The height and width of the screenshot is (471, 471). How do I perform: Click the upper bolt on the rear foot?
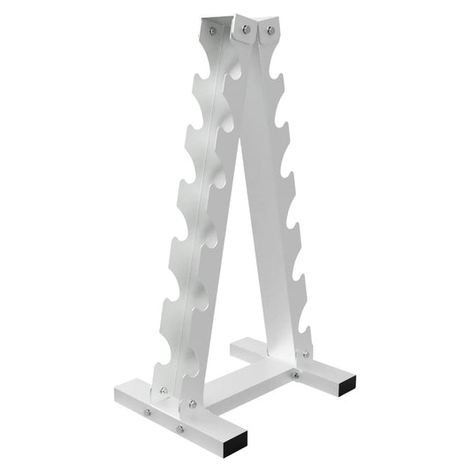click(x=307, y=354)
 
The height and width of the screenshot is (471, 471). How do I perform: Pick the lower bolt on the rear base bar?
click(x=295, y=375)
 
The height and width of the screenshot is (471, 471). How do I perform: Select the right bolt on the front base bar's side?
click(x=179, y=429)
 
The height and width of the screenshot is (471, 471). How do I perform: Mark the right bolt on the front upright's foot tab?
click(x=193, y=404)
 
